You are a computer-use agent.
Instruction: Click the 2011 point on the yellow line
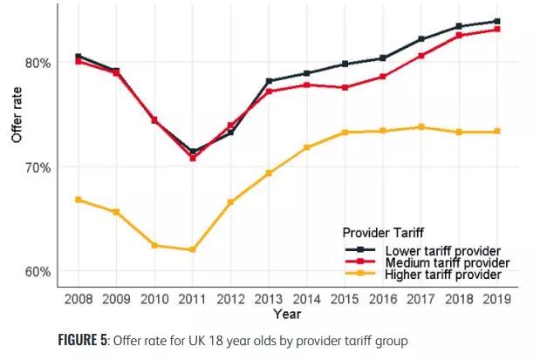pos(192,250)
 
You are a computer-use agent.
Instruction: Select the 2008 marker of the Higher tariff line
pos(78,200)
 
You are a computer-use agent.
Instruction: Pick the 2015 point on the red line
pos(345,88)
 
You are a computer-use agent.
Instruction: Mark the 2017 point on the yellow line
pos(420,127)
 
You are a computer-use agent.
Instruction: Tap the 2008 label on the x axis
pos(78,299)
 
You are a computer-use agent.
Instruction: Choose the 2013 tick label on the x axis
pos(268,299)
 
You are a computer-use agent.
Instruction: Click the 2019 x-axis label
pos(496,299)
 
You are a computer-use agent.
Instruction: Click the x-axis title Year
pos(286,313)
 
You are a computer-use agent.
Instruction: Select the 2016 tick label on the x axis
pos(382,299)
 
